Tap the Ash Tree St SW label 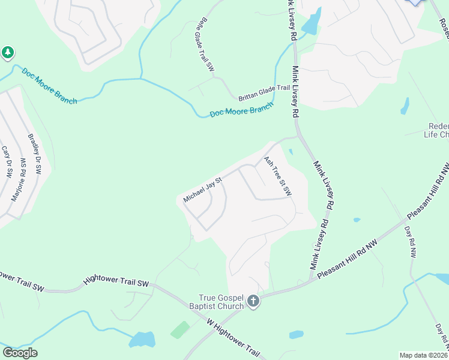click(x=277, y=176)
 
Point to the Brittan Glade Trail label click(x=264, y=92)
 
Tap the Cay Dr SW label click(x=7, y=162)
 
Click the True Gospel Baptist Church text click(x=222, y=301)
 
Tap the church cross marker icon click(x=253, y=301)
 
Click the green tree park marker click(x=7, y=53)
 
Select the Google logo click(x=20, y=353)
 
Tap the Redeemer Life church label click(x=436, y=130)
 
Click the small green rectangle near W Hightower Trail click(x=180, y=329)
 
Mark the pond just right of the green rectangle click(x=142, y=340)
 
